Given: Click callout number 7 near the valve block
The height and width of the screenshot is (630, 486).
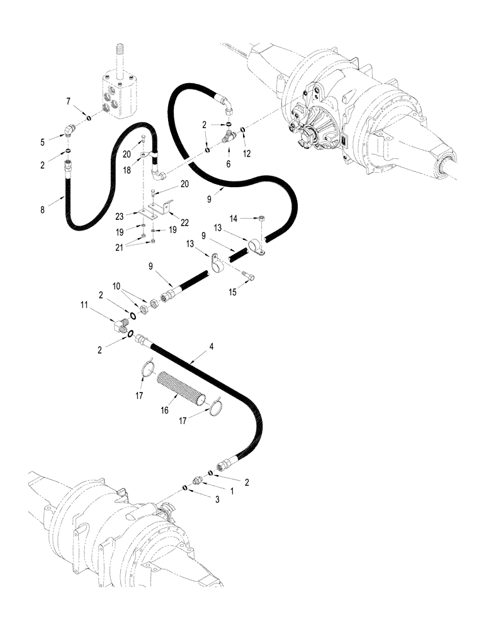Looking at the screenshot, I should point(69,101).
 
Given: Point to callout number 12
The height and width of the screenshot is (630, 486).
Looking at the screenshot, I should point(247,154).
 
